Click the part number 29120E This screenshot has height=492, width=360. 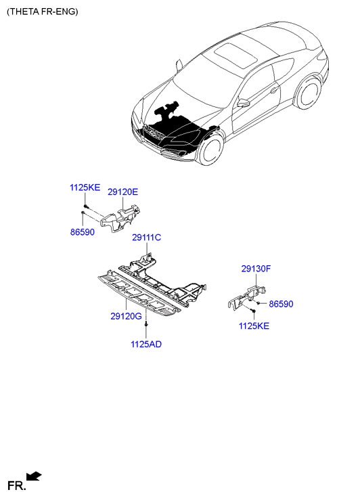(x=122, y=192)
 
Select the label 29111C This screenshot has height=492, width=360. (x=147, y=238)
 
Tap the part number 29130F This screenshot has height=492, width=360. (x=256, y=269)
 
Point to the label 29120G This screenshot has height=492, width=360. (x=126, y=316)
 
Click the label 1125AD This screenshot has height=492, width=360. (x=146, y=344)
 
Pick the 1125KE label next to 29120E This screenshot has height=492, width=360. (x=85, y=187)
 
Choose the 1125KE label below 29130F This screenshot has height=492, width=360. (x=254, y=326)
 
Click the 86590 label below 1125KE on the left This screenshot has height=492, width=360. (x=83, y=232)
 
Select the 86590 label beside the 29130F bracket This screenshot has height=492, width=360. (x=282, y=304)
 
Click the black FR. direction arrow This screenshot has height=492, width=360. (x=34, y=476)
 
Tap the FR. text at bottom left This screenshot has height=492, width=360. (x=16, y=485)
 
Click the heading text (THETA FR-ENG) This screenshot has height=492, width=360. (x=43, y=12)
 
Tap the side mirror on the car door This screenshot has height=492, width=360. (x=243, y=103)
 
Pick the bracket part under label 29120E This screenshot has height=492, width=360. (x=120, y=219)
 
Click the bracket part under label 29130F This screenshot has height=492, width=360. (x=246, y=297)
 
